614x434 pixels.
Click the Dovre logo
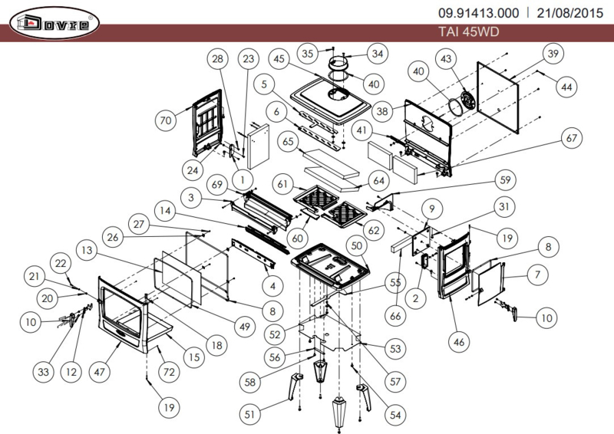click(x=54, y=23)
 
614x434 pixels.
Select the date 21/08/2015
click(x=569, y=13)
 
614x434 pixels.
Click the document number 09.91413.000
click(x=478, y=13)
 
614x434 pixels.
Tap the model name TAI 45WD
click(x=469, y=31)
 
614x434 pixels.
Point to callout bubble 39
click(x=553, y=54)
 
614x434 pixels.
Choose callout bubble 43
click(x=446, y=59)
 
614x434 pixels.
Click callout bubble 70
click(x=166, y=120)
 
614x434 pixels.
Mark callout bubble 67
click(x=571, y=138)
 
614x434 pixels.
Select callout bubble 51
click(x=249, y=414)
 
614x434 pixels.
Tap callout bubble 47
click(x=100, y=371)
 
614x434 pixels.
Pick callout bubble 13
click(x=87, y=250)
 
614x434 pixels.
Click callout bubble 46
click(x=459, y=342)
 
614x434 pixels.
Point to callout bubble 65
click(x=288, y=141)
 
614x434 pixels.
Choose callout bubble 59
click(x=505, y=180)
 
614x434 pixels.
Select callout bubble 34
click(x=377, y=54)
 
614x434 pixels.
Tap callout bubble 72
click(x=169, y=371)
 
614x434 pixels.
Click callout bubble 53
click(x=395, y=348)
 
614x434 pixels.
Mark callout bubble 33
click(x=43, y=371)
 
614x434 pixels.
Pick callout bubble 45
click(x=279, y=59)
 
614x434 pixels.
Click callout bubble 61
click(x=282, y=184)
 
